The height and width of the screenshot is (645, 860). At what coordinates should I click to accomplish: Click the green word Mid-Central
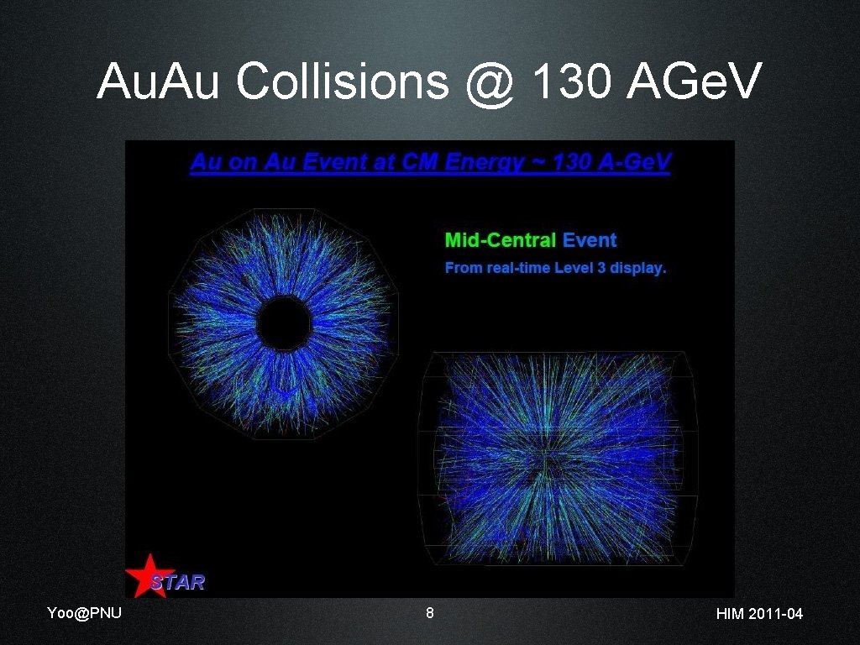pyautogui.click(x=501, y=240)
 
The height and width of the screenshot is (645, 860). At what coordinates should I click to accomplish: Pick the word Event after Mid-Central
pyautogui.click(x=590, y=240)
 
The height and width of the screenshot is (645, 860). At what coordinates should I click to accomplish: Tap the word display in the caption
pyautogui.click(x=637, y=269)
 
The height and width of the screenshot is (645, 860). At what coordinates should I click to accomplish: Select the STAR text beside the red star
pyautogui.click(x=178, y=581)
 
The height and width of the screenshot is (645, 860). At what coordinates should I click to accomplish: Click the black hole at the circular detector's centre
pyautogui.click(x=284, y=322)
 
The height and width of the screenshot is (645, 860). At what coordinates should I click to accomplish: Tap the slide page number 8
pyautogui.click(x=430, y=613)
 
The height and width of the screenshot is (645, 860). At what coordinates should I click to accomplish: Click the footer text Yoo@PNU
pyautogui.click(x=84, y=613)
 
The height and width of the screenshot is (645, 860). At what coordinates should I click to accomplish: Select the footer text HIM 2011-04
pyautogui.click(x=759, y=614)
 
